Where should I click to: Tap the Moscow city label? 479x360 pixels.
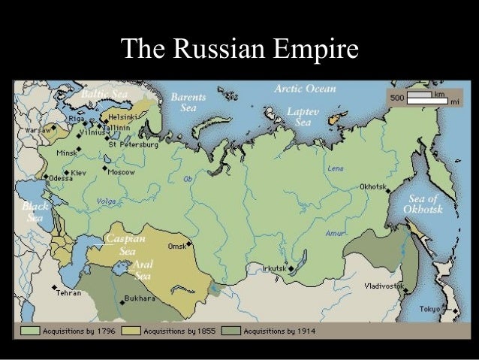click(x=121, y=172)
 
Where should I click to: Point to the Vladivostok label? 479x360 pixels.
click(x=383, y=286)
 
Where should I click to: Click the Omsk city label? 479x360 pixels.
click(x=176, y=246)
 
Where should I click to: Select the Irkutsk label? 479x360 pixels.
click(x=273, y=268)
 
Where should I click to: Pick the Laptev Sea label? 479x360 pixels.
click(x=303, y=116)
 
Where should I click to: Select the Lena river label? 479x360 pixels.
click(x=336, y=168)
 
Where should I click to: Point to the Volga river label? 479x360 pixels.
click(x=107, y=201)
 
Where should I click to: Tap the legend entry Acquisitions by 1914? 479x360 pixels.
click(x=277, y=331)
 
